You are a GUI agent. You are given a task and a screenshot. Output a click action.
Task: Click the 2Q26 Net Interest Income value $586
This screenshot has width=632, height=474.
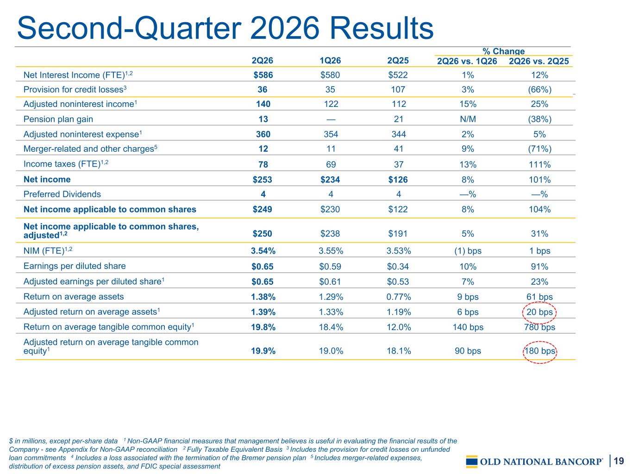[263, 75]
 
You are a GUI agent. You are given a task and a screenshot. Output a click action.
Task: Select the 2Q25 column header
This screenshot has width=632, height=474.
[398, 61]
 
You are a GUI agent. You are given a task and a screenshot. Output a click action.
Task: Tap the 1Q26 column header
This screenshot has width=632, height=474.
[330, 61]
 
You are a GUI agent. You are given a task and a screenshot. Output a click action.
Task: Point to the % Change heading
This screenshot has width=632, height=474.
[503, 51]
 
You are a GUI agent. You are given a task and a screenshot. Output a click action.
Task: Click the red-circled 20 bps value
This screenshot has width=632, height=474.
[539, 312]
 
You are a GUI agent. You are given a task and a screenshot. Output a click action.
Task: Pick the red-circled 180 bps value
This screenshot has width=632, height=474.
[539, 351]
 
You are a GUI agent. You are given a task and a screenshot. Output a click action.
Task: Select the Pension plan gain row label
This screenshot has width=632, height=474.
[58, 119]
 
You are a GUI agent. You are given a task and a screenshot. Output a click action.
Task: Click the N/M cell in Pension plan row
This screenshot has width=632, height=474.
[468, 119]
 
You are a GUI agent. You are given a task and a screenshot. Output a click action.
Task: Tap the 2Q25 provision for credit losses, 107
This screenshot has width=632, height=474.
[398, 89]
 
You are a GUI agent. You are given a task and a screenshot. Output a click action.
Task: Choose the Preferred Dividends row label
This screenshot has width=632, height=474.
[62, 194]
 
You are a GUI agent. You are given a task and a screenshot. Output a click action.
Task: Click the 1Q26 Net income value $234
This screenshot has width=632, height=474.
[330, 180]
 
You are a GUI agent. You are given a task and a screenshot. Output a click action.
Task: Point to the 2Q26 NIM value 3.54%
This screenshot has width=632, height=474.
[263, 251]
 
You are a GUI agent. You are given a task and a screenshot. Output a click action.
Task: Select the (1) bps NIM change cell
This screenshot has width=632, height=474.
[468, 251]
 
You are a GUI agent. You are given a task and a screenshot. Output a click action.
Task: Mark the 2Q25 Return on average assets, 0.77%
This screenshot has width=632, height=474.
[398, 297]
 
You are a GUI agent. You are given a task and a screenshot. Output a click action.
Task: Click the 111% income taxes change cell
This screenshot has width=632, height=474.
[539, 165]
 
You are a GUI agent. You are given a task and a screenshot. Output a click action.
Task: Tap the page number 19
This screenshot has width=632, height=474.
[619, 461]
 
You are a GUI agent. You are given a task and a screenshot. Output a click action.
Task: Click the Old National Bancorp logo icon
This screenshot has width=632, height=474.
[472, 462]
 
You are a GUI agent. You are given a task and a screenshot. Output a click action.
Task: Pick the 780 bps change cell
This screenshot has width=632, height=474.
[539, 327]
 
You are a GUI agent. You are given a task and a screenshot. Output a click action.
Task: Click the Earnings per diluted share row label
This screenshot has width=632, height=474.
[75, 266]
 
